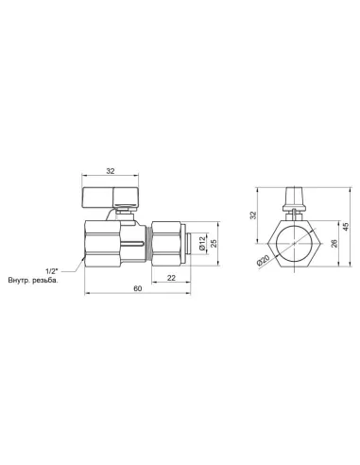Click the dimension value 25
pyautogui.click(x=214, y=244)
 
